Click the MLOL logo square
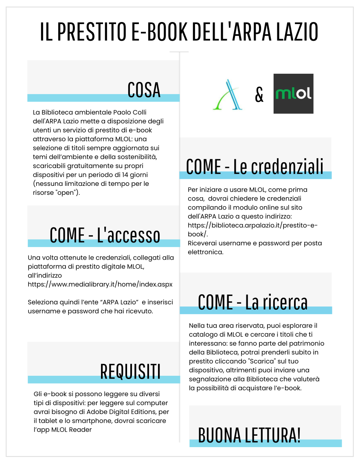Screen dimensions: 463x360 click(293, 93)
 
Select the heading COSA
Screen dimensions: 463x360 click(144, 90)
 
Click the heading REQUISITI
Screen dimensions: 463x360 click(130, 371)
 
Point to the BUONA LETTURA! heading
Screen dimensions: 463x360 click(249, 435)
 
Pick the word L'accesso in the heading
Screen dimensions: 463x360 click(128, 235)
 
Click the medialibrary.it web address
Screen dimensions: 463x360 click(100, 284)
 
